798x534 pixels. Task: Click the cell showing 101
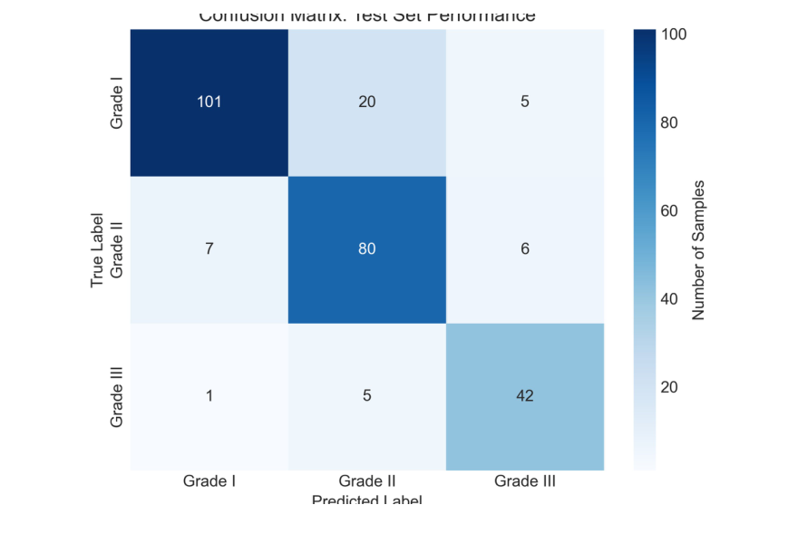click(x=209, y=102)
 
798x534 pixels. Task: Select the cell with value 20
click(x=367, y=102)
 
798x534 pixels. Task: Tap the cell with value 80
click(x=367, y=249)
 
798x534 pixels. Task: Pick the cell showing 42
click(x=524, y=396)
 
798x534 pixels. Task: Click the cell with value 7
click(x=209, y=249)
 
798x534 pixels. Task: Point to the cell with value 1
click(x=209, y=396)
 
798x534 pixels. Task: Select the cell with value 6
click(x=524, y=249)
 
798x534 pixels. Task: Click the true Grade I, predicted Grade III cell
click(x=524, y=102)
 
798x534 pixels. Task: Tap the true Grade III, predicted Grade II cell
click(x=367, y=396)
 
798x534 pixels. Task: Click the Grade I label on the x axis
click(x=209, y=481)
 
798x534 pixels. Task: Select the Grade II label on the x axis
click(x=367, y=481)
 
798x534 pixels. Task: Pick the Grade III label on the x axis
click(x=524, y=481)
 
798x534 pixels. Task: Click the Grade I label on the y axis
click(x=117, y=102)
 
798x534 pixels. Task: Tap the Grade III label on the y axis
click(x=117, y=396)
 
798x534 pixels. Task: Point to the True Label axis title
click(x=98, y=249)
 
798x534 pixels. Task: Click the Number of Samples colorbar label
click(x=698, y=249)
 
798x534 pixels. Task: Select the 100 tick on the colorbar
click(x=676, y=34)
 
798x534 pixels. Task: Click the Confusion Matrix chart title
click(x=367, y=16)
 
